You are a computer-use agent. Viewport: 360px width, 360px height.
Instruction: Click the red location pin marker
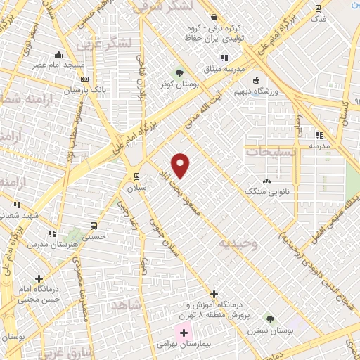point(181,165)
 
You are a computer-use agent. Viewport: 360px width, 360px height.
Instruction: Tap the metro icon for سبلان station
point(136,176)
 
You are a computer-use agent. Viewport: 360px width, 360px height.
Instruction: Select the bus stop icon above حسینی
point(94,226)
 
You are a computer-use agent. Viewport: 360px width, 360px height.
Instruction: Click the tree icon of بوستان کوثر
point(179,72)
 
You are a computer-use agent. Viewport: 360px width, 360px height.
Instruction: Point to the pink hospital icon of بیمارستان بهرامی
point(184,331)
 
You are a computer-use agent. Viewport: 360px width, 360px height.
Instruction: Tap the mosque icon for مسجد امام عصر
point(58,54)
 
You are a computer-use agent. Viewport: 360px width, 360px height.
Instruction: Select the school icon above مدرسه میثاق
point(224,57)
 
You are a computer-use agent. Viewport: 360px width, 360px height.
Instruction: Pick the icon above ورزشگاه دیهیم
point(256,79)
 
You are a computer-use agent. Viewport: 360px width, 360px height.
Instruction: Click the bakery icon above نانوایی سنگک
point(266,181)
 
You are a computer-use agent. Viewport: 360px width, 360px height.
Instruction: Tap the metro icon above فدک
point(319,9)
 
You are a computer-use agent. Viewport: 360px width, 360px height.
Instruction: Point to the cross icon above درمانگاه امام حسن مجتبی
point(39,278)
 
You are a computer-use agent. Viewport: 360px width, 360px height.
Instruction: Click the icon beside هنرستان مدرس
point(51,233)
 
